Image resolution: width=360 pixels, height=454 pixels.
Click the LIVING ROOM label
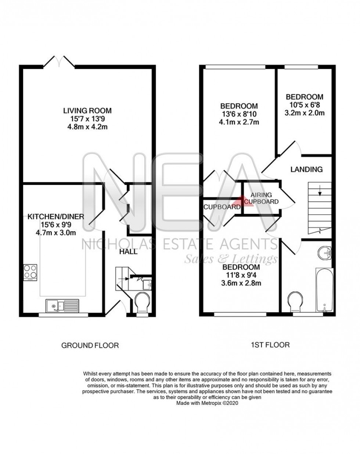click(87, 110)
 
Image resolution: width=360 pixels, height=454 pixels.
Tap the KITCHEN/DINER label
click(56, 217)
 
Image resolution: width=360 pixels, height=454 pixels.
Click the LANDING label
click(306, 170)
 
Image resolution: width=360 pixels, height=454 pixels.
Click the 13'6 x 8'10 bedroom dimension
click(239, 114)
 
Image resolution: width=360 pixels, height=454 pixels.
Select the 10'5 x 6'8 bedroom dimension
click(305, 105)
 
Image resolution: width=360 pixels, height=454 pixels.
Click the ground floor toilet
click(141, 304)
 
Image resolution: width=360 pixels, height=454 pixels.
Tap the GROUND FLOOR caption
click(90, 345)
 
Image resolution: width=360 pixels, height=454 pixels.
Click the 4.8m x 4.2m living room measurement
click(87, 127)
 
